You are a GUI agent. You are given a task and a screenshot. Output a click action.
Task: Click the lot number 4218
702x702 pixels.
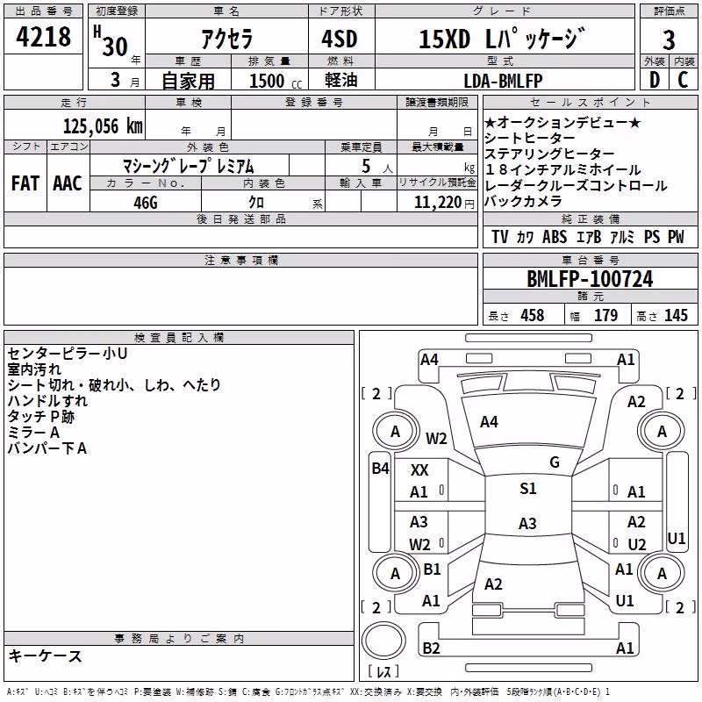tap(43, 37)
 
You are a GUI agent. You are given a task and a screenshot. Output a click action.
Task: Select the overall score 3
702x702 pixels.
tap(669, 39)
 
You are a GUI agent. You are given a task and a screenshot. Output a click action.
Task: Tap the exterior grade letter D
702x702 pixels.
tap(655, 80)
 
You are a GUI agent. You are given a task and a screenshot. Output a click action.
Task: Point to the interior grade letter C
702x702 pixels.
tap(683, 80)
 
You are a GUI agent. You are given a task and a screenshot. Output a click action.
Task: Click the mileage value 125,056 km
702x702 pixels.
tap(103, 126)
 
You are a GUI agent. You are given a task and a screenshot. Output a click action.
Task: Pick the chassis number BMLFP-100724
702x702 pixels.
tap(590, 279)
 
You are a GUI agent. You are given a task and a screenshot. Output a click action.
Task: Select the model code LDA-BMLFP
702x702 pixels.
tap(503, 81)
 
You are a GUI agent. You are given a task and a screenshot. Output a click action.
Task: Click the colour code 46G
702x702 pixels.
tap(146, 203)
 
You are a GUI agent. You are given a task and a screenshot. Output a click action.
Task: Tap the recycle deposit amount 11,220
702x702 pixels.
tap(437, 203)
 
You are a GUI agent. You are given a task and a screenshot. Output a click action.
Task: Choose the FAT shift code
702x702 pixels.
tap(25, 183)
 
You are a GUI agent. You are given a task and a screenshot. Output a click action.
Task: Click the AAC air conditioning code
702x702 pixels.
tap(68, 183)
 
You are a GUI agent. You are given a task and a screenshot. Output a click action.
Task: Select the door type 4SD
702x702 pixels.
tap(340, 39)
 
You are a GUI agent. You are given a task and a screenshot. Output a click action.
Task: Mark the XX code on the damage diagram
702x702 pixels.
tap(419, 470)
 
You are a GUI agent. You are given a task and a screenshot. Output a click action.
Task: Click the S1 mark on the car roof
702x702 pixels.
tap(528, 489)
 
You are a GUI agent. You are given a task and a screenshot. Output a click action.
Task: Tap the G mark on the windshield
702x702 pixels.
tap(555, 462)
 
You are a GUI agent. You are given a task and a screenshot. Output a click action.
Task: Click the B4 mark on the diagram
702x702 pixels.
tap(380, 469)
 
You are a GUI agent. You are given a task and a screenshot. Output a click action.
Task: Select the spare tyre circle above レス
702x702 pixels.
tap(383, 641)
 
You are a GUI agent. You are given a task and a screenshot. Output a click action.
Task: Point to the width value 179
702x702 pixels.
tap(605, 315)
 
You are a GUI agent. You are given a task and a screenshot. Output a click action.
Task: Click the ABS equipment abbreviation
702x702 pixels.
tap(555, 237)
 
